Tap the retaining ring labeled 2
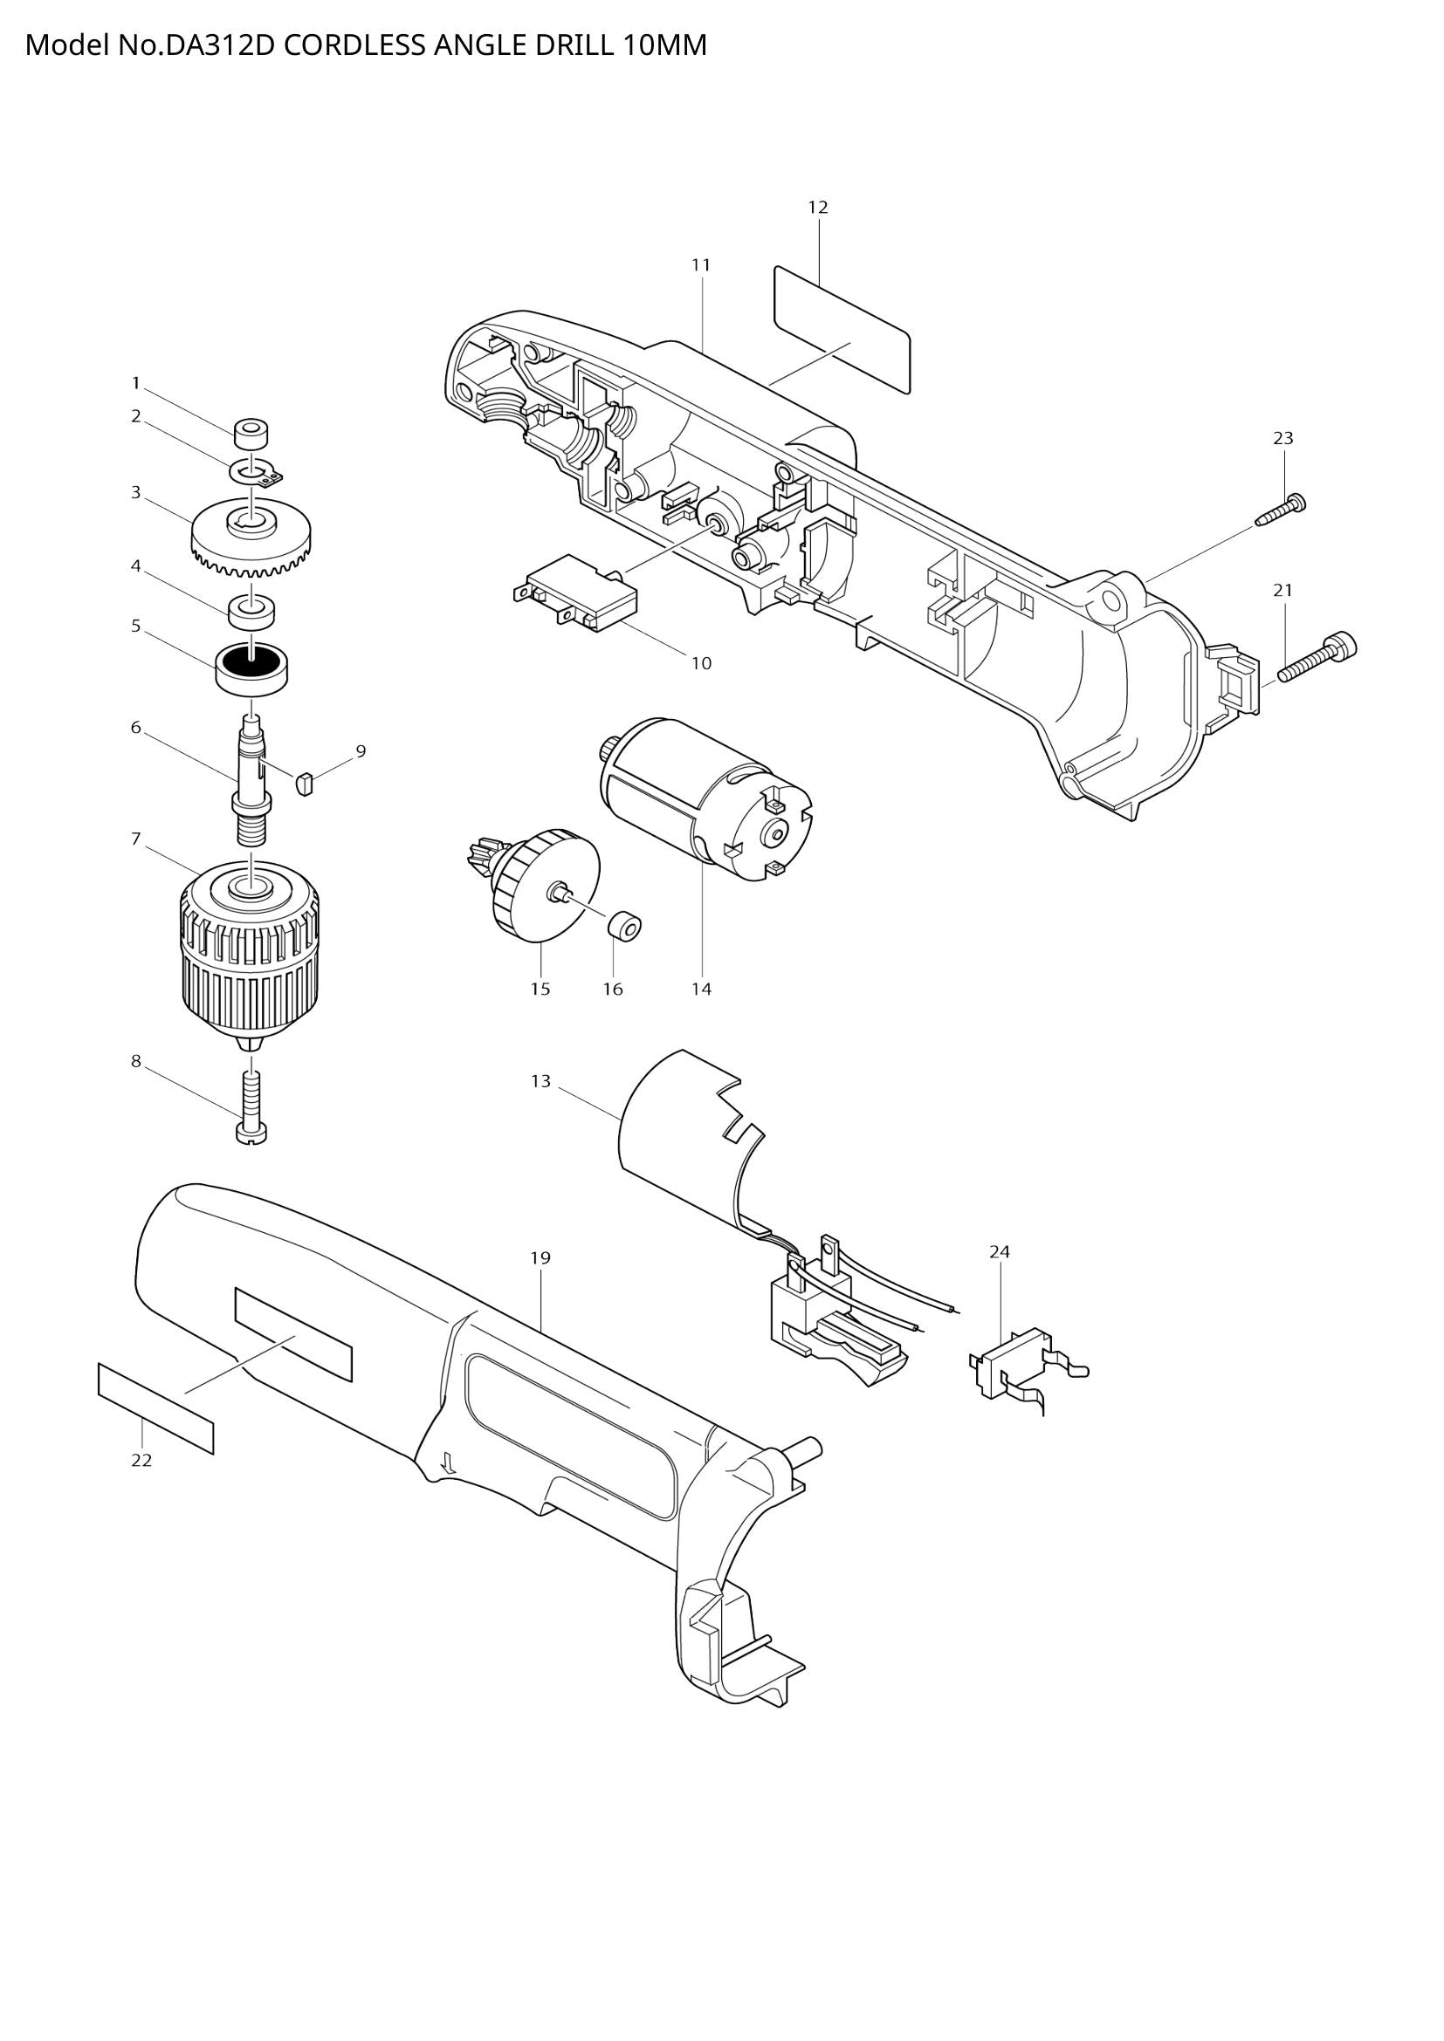258,471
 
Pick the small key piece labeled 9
304,783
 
